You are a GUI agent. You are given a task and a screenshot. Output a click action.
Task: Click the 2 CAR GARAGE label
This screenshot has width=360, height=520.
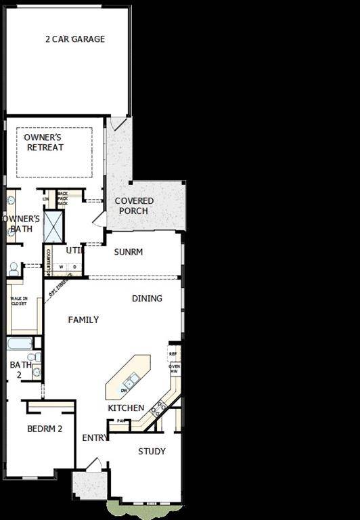tap(74, 39)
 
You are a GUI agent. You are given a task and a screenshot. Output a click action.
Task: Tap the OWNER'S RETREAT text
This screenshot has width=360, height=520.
tap(44, 143)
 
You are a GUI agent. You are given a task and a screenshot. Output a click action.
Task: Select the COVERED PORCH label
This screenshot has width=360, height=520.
tap(134, 206)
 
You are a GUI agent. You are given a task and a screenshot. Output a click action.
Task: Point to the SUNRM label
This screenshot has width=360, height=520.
tap(128, 252)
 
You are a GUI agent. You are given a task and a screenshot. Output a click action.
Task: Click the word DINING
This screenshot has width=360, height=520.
tap(147, 299)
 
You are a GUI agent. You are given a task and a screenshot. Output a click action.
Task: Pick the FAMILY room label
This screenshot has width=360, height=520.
tap(83, 320)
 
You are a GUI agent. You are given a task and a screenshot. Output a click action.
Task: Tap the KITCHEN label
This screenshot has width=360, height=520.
tap(126, 408)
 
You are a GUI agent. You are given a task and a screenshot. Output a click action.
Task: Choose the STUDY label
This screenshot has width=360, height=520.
tap(152, 452)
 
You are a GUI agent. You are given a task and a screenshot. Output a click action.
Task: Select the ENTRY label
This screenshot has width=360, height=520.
tap(95, 438)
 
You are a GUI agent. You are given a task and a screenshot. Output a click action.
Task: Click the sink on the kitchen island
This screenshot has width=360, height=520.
tap(129, 383)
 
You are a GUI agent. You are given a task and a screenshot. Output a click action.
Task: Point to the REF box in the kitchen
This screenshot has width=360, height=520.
tap(173, 353)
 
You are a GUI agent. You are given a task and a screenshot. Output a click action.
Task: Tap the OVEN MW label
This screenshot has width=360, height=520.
tap(174, 369)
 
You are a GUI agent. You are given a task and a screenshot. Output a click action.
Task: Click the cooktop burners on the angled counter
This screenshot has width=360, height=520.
tap(158, 408)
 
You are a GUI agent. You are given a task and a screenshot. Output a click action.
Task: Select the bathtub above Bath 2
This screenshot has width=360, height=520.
tap(20, 343)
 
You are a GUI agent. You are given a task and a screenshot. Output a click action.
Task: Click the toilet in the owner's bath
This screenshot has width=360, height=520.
tap(14, 269)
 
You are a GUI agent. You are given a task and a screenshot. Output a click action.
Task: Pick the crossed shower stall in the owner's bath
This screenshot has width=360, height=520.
tap(53, 227)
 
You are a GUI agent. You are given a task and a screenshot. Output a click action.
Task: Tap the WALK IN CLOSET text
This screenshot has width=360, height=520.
tap(19, 303)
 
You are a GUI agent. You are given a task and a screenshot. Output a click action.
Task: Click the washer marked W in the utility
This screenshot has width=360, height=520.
tap(61, 267)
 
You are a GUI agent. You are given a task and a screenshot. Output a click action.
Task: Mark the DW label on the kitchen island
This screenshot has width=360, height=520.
tap(124, 391)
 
